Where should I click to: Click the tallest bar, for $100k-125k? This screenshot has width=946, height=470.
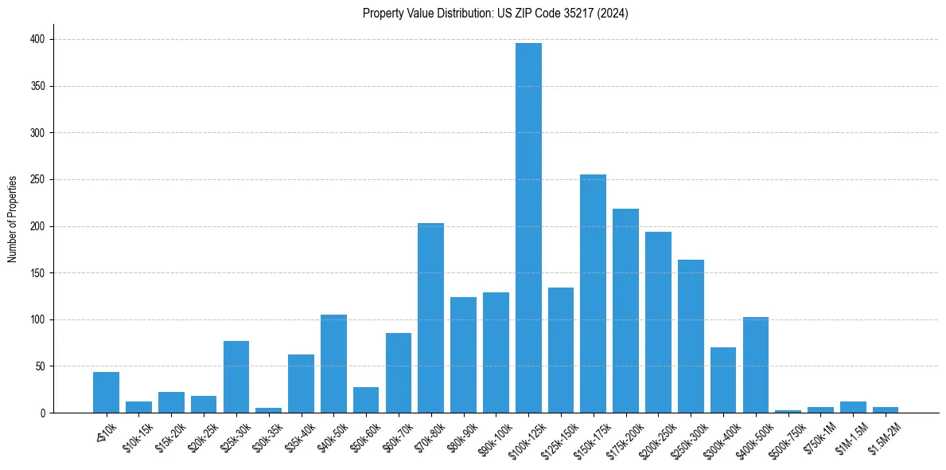pos(528,228)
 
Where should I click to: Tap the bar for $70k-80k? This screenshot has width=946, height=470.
pos(430,318)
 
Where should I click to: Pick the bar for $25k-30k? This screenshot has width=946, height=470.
pos(236,377)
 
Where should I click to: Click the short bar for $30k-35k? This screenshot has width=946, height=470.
pos(268,410)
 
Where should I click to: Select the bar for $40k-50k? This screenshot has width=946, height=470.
pos(333,364)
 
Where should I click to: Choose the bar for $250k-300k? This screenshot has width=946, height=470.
pos(691,336)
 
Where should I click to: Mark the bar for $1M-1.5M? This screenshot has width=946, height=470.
pos(853,407)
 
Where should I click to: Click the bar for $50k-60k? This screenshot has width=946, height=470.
pos(366,400)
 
